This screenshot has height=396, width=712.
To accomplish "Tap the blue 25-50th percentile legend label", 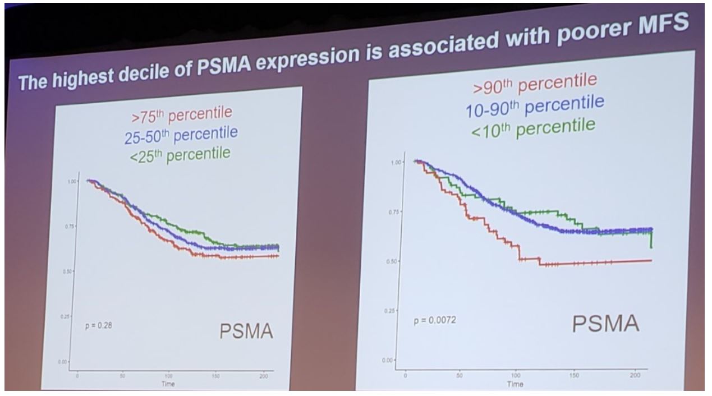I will pos(181,135).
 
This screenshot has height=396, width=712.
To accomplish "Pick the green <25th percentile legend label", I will pos(181,153).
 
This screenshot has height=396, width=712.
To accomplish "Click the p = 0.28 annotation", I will pos(99,325).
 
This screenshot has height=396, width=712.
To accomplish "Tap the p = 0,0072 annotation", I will pos(434,320).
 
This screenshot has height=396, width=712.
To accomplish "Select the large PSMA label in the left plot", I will pos(246,332).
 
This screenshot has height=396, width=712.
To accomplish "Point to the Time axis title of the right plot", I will pos(515,384).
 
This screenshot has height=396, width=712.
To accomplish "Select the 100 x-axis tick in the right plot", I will pos(516,374).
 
